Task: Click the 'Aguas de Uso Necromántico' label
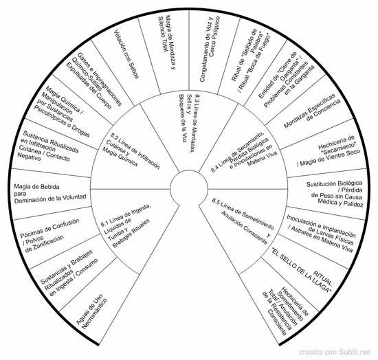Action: (91, 313)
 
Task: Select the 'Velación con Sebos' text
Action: (126, 54)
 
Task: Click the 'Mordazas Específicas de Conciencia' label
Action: (312, 111)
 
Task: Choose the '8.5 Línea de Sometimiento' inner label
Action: (243, 221)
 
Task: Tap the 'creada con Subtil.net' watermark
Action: (335, 352)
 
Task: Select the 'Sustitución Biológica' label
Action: (335, 194)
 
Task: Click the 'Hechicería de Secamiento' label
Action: (329, 151)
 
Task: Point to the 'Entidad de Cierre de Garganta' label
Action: (287, 80)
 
